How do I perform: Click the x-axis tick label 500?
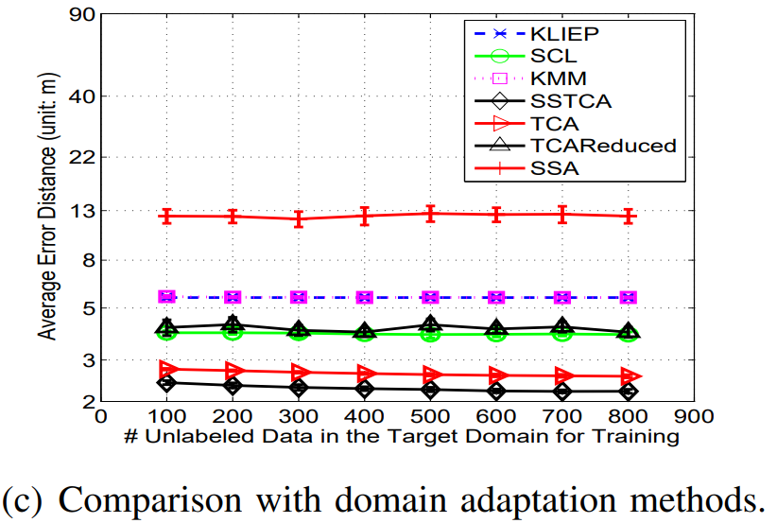point(430,416)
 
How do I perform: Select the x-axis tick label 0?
point(101,416)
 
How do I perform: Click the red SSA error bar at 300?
point(299,218)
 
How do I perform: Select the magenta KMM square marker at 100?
point(166,297)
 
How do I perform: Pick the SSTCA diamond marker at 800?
point(628,391)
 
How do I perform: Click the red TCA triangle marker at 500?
point(430,375)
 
